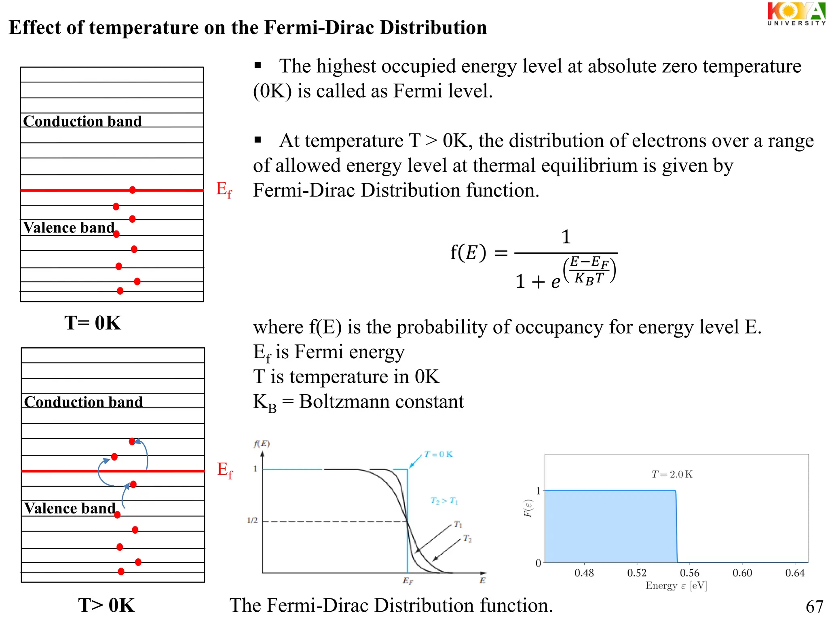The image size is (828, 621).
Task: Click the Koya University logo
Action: pos(796,14)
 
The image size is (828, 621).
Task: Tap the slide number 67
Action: pos(814,606)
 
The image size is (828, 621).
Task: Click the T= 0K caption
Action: pos(93,323)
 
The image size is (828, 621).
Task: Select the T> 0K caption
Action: pos(106,605)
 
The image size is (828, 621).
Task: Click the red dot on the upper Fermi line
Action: pos(132,190)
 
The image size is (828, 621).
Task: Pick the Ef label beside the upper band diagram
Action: pos(224,189)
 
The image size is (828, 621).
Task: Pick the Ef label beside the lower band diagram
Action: pos(225,470)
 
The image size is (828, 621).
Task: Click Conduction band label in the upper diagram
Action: pos(82,121)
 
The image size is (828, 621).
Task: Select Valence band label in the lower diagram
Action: pos(70,508)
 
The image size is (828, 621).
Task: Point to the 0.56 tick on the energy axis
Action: pos(689,572)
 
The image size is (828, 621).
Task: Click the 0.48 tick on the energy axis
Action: pos(584,572)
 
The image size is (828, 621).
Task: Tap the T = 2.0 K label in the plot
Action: pos(672,474)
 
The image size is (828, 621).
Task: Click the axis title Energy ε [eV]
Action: pos(676,585)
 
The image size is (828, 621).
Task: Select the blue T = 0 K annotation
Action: pos(438,454)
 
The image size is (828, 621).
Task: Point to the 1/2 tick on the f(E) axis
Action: pos(252,520)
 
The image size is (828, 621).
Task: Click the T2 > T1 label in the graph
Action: pos(444,501)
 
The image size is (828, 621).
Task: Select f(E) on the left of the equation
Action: pos(468,252)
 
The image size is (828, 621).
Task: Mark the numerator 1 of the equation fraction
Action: pos(566,237)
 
